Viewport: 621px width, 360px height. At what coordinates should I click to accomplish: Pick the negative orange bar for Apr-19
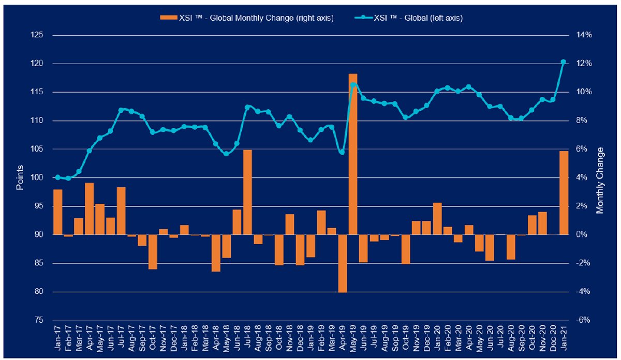click(x=342, y=263)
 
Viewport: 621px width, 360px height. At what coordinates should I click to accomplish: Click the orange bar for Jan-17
click(x=57, y=212)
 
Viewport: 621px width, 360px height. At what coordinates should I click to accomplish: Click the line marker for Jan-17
click(x=57, y=177)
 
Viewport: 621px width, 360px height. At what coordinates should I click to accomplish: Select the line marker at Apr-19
click(x=342, y=152)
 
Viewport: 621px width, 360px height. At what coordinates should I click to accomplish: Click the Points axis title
click(x=20, y=177)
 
